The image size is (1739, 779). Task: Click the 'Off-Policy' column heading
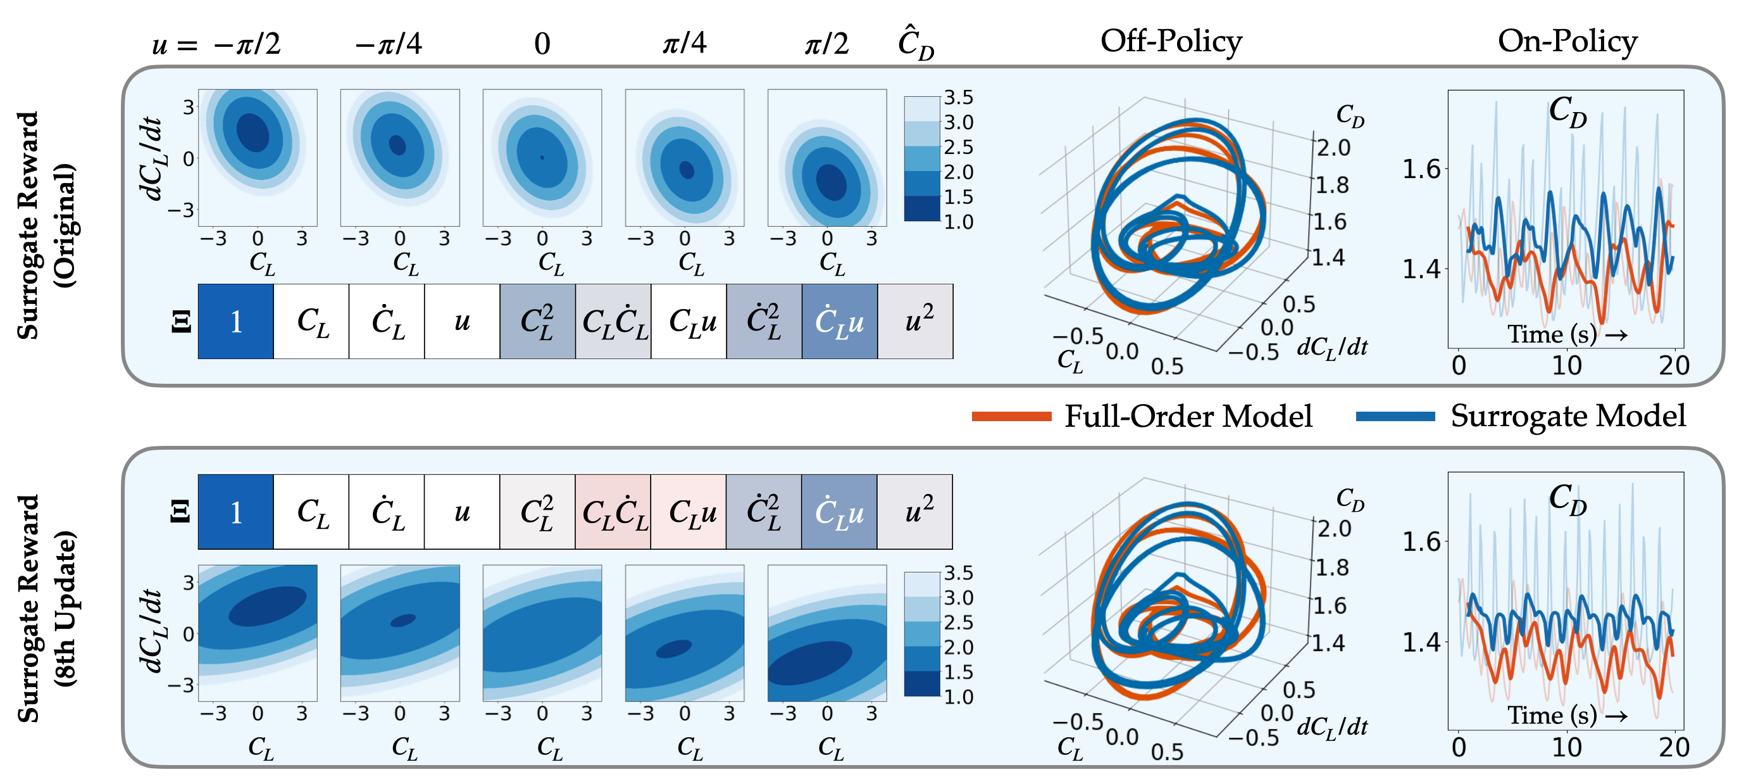1171,42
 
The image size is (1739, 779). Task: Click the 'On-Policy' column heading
1567,42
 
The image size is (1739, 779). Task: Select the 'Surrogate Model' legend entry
1568,416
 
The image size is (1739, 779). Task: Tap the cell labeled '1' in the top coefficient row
235,322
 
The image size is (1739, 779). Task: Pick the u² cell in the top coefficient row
916,322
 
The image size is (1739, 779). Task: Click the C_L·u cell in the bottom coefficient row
689,512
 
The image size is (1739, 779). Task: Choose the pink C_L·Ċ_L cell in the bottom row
613,512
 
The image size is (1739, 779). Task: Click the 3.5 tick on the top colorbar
958,98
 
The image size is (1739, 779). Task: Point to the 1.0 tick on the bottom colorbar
958,697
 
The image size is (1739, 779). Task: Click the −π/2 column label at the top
246,44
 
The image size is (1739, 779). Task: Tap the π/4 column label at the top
684,43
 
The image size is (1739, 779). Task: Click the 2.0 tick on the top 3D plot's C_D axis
1333,148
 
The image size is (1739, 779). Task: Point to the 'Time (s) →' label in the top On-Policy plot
1567,334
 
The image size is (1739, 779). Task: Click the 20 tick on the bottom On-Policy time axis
1674,747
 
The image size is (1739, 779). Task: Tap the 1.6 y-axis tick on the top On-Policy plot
1421,169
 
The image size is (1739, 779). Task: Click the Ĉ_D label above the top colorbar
916,44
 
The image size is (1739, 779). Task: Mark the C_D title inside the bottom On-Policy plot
1567,498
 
